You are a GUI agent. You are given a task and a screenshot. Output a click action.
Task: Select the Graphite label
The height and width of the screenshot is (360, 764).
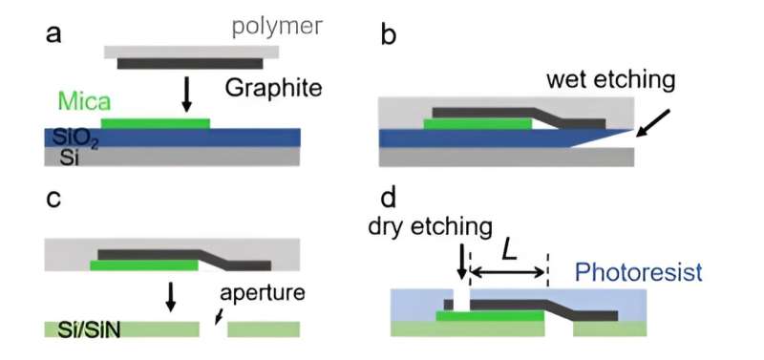273,90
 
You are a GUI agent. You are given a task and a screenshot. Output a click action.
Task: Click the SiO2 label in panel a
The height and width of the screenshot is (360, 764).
72,137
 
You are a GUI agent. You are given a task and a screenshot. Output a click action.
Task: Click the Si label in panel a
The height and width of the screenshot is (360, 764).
61,158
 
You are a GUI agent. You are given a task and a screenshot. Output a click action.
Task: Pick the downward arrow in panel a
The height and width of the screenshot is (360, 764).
187,92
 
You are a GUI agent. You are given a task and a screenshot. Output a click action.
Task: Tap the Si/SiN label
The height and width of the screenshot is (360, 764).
83,329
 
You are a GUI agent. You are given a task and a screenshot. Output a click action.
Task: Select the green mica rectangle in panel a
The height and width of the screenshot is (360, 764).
155,123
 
